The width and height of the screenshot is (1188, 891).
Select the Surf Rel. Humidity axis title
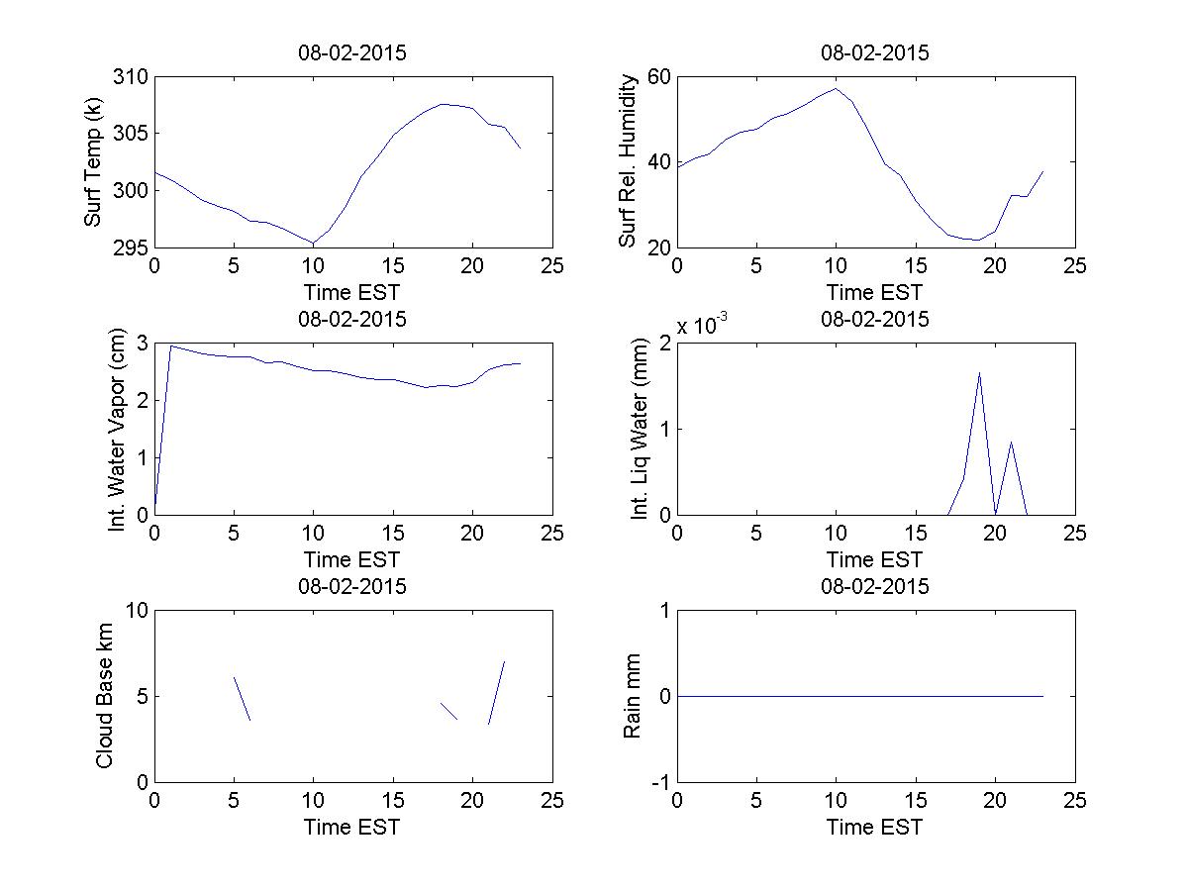click(627, 161)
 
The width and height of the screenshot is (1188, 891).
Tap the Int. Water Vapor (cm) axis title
click(116, 429)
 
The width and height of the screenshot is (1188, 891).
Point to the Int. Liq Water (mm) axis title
click(639, 430)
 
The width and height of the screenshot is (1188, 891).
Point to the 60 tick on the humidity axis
click(658, 77)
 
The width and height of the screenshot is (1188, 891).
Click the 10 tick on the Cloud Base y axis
click(136, 611)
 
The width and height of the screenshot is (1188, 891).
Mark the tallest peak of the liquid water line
click(979, 373)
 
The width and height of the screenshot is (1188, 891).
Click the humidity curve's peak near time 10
click(836, 88)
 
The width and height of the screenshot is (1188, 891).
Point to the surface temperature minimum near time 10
click(313, 243)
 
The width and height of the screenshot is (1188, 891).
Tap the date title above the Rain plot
click(875, 586)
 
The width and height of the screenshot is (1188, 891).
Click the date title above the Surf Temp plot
click(352, 53)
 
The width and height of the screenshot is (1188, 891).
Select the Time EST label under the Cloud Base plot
click(352, 827)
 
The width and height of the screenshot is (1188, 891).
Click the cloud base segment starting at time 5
click(242, 698)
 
